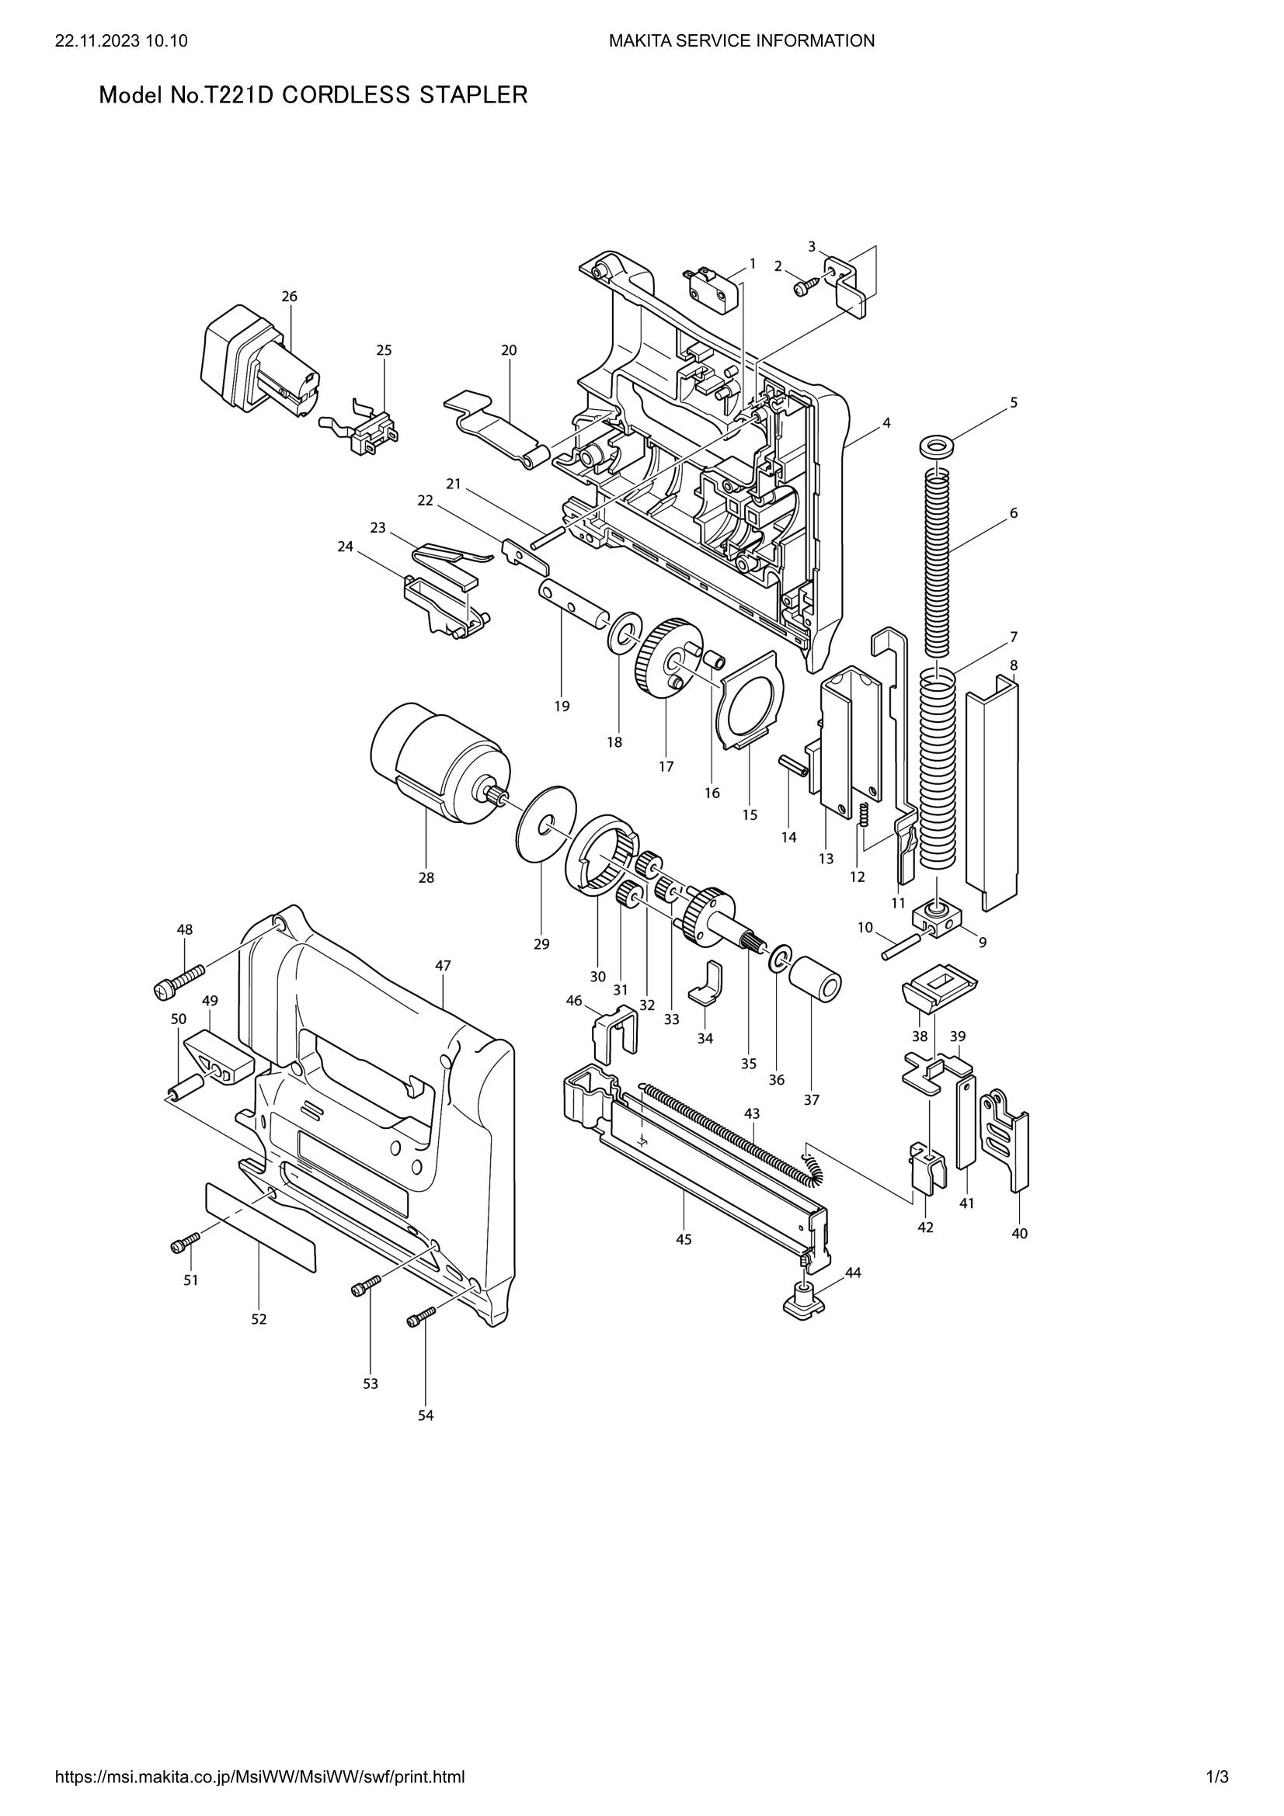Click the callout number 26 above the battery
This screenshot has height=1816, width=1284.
pyautogui.click(x=290, y=297)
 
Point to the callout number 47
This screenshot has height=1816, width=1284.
pyautogui.click(x=443, y=966)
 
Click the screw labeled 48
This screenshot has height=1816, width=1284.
pyautogui.click(x=179, y=977)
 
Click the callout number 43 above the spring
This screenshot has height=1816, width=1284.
pyautogui.click(x=752, y=1113)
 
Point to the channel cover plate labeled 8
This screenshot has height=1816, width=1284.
pyautogui.click(x=993, y=791)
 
